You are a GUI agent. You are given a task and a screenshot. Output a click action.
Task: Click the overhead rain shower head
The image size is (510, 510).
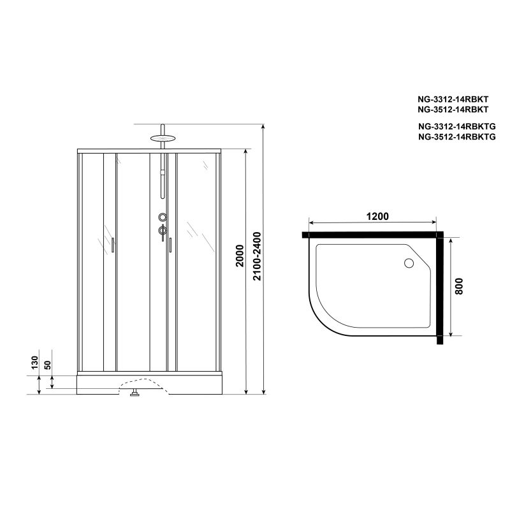click(163, 138)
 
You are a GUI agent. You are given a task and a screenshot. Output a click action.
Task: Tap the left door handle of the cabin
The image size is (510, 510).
click(113, 245)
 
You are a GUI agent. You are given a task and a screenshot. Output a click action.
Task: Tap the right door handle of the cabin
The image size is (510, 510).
click(170, 245)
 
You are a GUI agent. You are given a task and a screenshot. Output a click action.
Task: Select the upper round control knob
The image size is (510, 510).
click(163, 217)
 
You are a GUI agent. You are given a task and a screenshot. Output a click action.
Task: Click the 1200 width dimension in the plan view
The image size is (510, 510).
click(377, 216)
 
